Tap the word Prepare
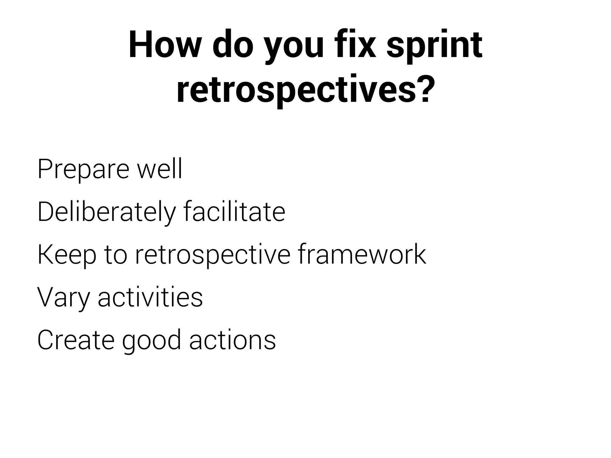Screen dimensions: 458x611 point(83,170)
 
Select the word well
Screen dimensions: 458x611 point(159,169)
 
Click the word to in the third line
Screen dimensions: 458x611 point(116,256)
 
